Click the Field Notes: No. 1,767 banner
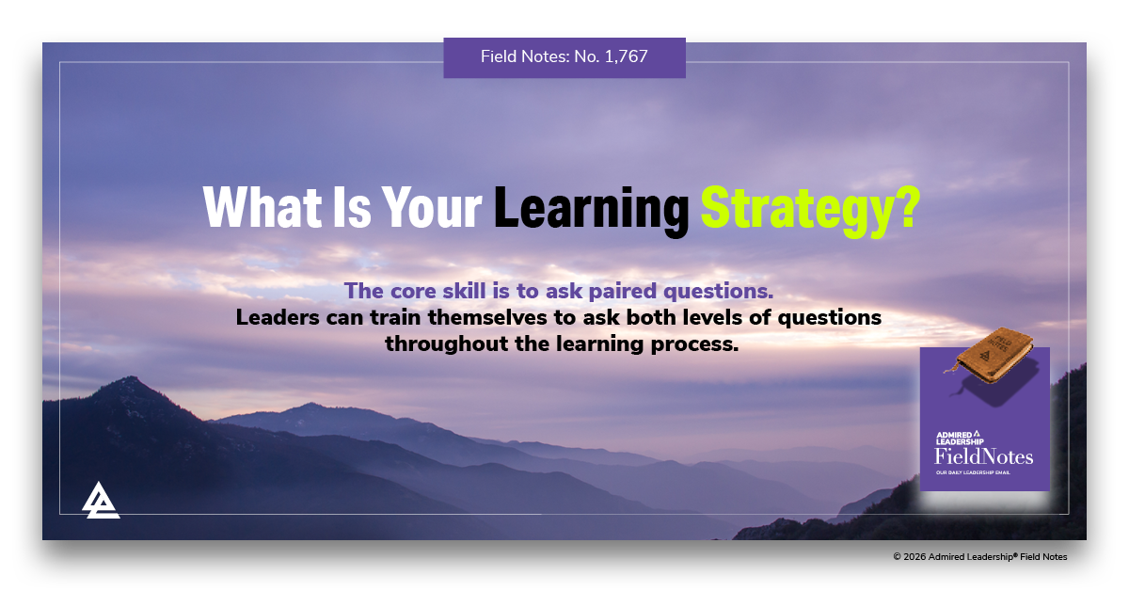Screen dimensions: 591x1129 564,56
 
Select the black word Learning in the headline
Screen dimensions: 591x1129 592,210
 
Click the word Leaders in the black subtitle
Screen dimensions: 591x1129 275,317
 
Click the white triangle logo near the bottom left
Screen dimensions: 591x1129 100,500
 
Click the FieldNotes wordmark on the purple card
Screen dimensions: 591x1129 983,456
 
